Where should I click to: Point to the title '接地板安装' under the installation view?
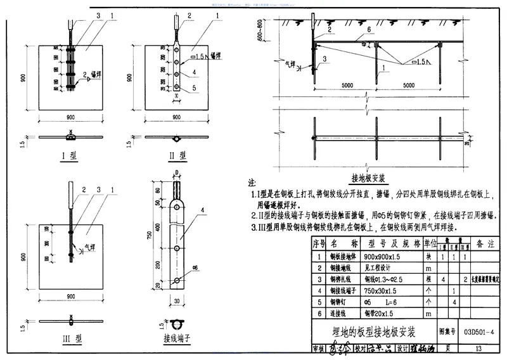(x=368, y=178)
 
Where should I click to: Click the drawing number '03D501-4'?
(x=479, y=331)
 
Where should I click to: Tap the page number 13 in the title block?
(x=478, y=349)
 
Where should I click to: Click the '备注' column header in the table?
(x=486, y=243)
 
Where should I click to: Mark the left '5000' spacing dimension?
(x=347, y=86)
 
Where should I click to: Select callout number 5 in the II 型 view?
(x=195, y=88)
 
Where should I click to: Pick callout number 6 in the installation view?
(x=368, y=30)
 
